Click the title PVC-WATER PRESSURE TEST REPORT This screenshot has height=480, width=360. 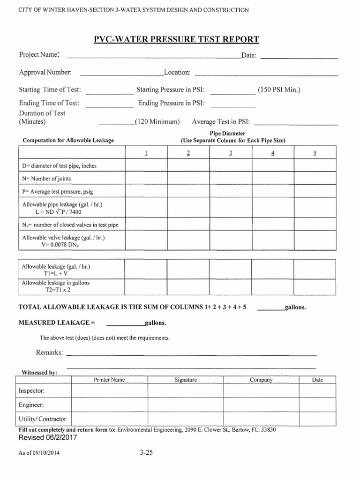coord(176,39)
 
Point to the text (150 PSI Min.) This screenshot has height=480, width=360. coord(278,90)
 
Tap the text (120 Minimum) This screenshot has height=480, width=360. coord(157,122)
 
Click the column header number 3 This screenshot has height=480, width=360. coord(231,153)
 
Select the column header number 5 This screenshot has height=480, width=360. coord(315,153)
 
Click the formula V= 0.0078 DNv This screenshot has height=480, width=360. coord(62,245)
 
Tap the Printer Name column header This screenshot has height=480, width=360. coord(109,380)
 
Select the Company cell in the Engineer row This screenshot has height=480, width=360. coord(261,405)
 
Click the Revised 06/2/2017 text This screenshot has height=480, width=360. coord(47,437)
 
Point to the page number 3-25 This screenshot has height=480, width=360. coord(146,453)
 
